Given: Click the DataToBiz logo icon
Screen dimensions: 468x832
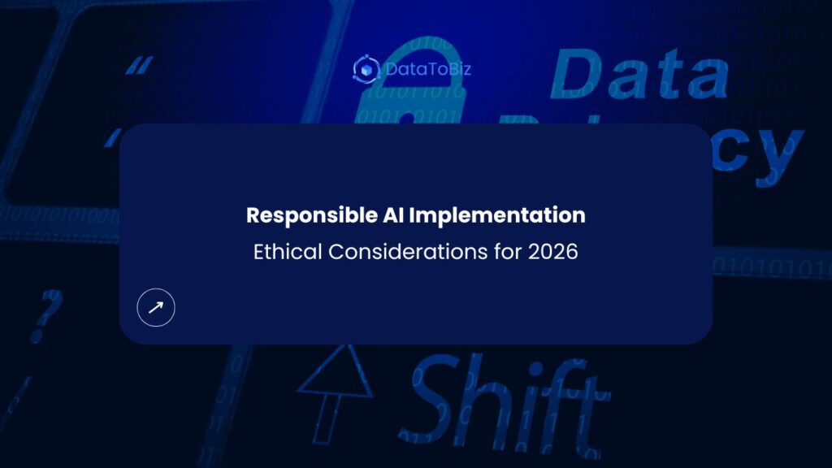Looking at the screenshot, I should point(366,69).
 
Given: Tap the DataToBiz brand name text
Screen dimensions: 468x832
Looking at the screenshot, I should point(427,69).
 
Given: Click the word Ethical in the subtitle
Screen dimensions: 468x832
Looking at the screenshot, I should point(288,252).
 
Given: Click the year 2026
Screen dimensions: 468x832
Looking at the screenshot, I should point(552,252).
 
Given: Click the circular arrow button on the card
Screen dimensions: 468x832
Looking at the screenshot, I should point(156,307).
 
